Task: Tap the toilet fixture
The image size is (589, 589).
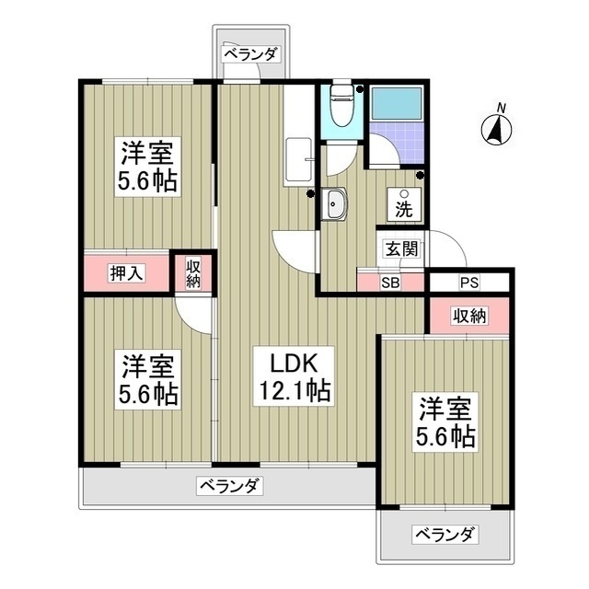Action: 341,105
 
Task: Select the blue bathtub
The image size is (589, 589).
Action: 396,106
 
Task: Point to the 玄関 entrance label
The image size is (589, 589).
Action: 401,248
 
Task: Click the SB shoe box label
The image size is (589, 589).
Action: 390,281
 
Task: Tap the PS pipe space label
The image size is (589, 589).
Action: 469,281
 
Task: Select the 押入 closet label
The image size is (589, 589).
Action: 125,272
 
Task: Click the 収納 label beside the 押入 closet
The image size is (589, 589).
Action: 193,273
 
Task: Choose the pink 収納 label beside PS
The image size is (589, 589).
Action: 468,317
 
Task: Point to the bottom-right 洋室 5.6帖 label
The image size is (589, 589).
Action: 448,421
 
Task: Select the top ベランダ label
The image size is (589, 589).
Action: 249,53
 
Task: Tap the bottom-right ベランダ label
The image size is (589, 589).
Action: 445,535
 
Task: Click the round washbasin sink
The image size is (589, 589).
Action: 333,204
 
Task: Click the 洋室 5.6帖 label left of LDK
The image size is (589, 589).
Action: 147,380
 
